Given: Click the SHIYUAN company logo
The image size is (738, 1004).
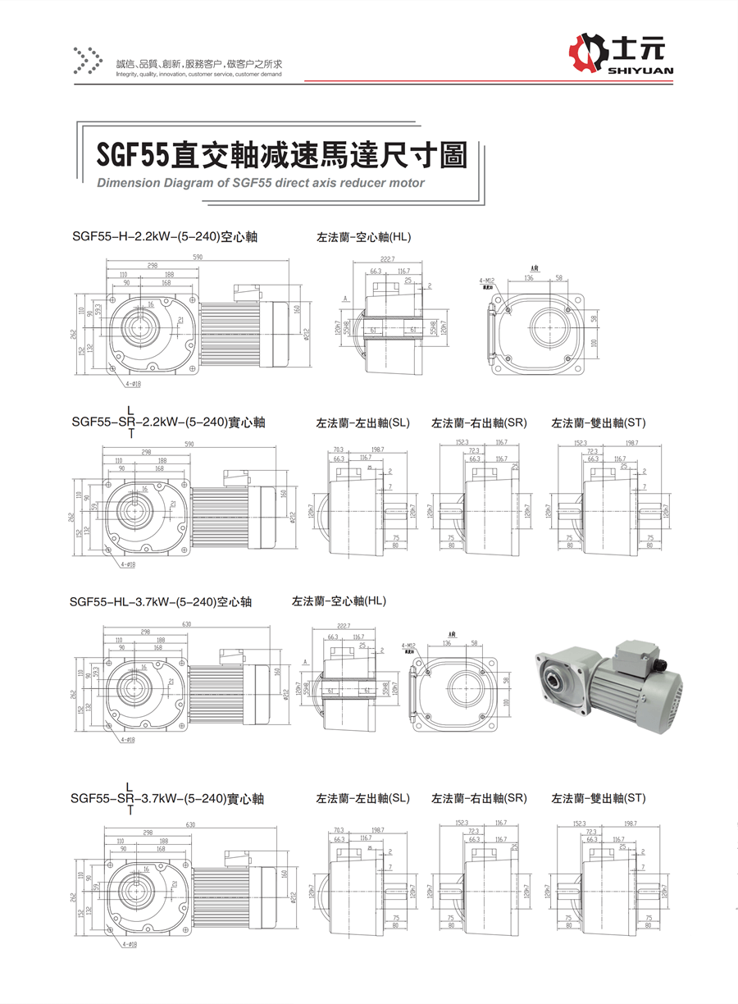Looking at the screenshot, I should coord(620,56).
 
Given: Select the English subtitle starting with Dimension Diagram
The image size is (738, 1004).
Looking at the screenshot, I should coord(261,183).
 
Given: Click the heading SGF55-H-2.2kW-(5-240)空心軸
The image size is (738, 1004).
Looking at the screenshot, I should coord(165,237).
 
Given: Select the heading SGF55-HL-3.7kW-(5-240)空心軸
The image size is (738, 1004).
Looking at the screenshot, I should coord(161,601).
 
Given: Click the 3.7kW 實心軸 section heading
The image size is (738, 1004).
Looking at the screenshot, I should coord(167,797).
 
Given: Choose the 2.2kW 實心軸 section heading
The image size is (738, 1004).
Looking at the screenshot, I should coord(168,422).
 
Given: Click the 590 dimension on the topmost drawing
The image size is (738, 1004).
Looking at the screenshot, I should coord(198,258).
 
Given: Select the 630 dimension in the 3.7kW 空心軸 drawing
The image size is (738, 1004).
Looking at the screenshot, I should coord(187,623).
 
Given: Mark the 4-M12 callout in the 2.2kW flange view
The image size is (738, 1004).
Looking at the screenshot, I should coord(486,281).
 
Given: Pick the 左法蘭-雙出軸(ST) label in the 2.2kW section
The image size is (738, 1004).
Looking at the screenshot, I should coord(599,423).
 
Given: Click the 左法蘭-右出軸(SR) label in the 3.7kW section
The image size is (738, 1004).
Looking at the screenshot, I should coord(479,797).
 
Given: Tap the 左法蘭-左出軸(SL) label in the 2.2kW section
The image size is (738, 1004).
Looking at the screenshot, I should coord(362,423).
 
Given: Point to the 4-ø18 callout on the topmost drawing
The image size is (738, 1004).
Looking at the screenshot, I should coord(129,382).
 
